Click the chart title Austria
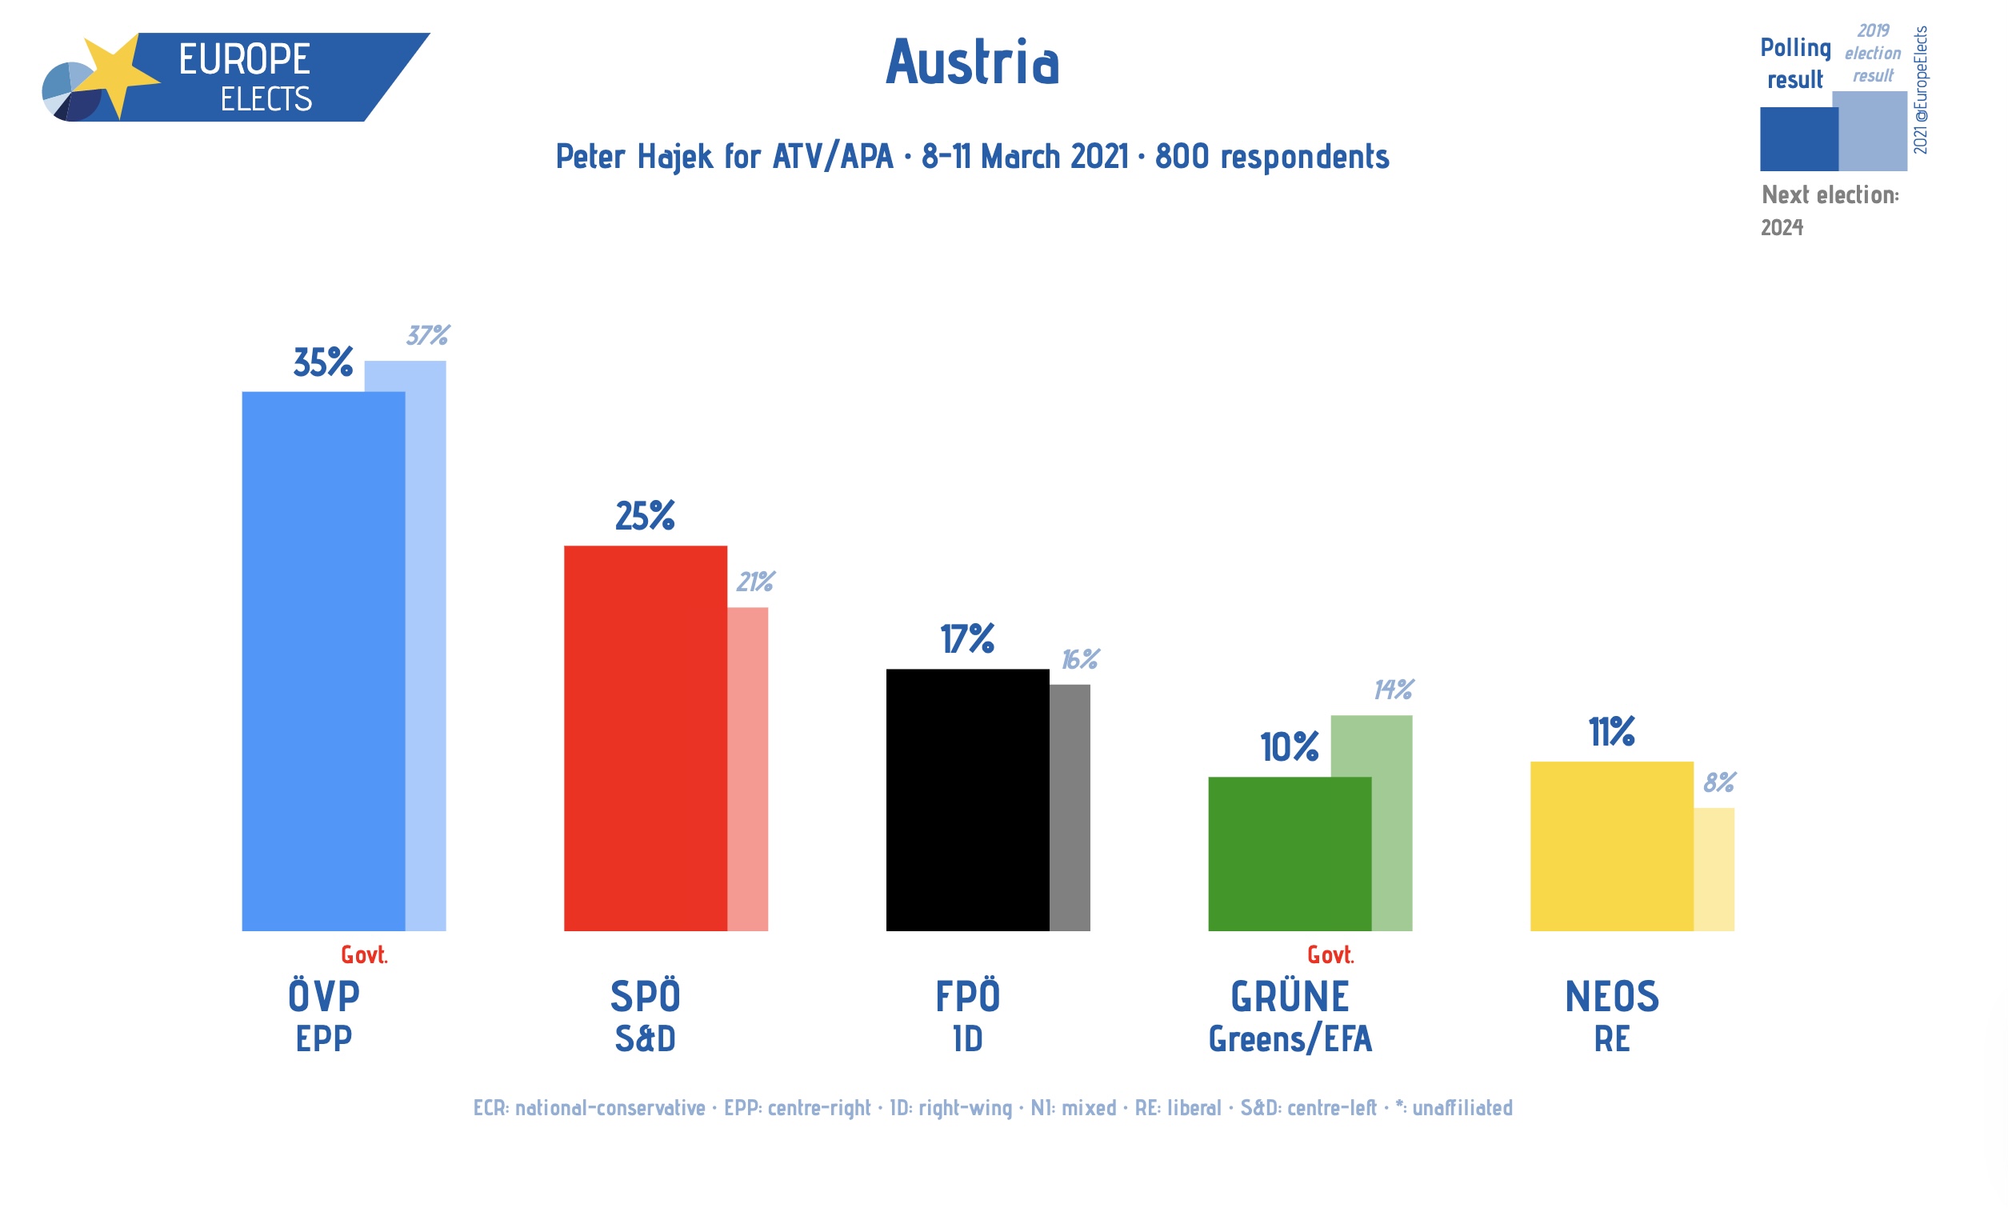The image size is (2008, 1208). click(x=972, y=62)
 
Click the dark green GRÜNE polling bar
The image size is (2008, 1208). click(x=1289, y=853)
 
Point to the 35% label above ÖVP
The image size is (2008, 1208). click(x=323, y=363)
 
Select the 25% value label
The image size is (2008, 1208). click(x=645, y=516)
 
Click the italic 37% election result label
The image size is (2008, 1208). click(x=427, y=335)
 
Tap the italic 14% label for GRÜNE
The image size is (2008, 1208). click(x=1393, y=690)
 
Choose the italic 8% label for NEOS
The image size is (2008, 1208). click(x=1719, y=782)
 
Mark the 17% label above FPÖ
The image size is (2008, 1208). click(x=967, y=639)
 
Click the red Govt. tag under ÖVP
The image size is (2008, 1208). click(x=364, y=955)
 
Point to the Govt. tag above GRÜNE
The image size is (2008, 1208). click(x=1330, y=955)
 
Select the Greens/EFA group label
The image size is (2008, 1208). click(x=1290, y=1039)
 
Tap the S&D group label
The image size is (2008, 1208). click(x=645, y=1039)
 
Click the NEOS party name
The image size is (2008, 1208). click(x=1612, y=996)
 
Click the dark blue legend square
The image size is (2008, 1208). click(x=1798, y=139)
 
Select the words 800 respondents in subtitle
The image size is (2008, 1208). click(x=1271, y=157)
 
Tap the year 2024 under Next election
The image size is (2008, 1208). click(x=1782, y=228)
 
